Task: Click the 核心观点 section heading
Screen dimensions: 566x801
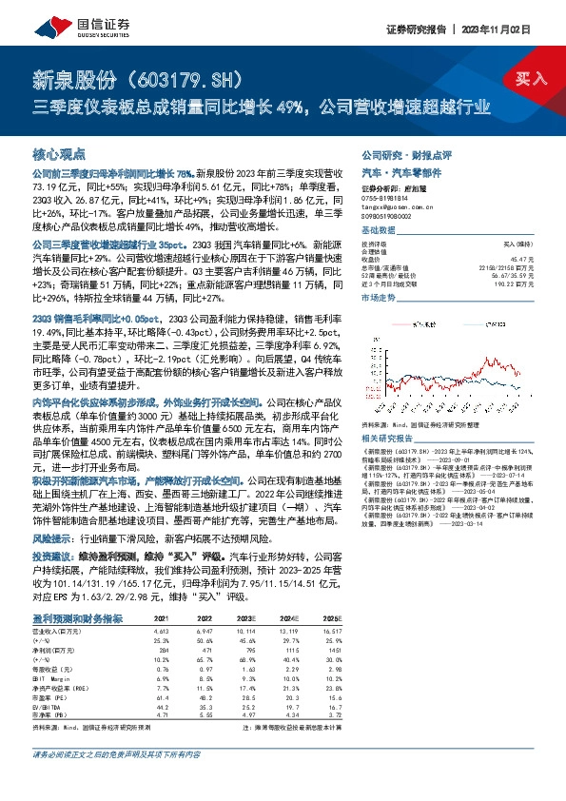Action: tap(60, 153)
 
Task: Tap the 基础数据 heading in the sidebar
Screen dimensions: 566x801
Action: tap(378, 233)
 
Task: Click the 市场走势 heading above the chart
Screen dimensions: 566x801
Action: tap(378, 298)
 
